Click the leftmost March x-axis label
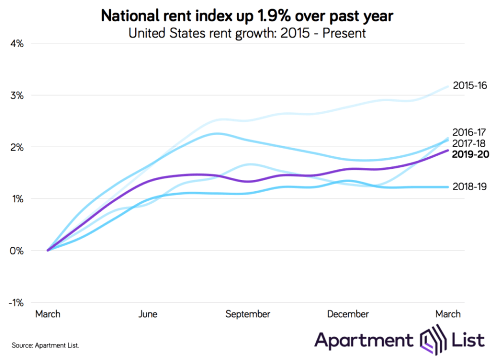48,314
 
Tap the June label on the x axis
147,314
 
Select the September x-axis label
247,314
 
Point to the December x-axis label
348,314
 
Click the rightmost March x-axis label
448,314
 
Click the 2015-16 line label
470,86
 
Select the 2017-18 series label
470,143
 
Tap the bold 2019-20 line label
470,154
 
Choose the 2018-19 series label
470,187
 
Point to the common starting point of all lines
48,250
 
